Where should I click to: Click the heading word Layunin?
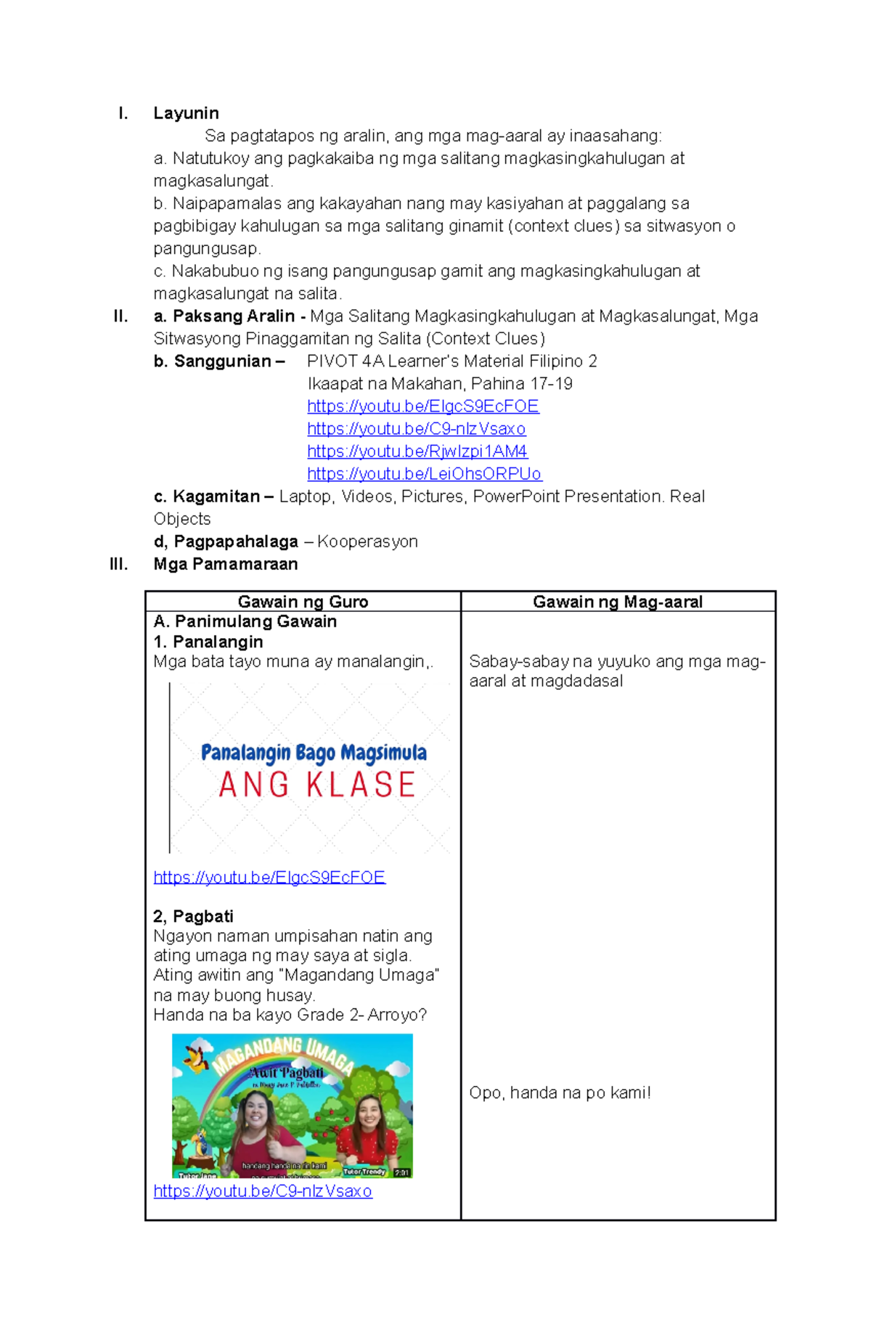186,113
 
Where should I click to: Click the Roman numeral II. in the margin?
120,316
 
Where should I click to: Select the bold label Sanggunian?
222,361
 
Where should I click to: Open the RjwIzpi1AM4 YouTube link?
417,452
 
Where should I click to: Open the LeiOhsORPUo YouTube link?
424,474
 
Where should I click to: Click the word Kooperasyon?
367,542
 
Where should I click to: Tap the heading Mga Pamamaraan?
225,564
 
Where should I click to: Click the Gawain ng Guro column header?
303,602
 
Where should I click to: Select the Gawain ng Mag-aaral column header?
617,602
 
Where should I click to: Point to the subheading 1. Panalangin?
208,642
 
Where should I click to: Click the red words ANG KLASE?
317,785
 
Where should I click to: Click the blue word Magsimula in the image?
384,753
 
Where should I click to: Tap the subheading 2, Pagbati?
193,916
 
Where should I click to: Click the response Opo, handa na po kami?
560,1092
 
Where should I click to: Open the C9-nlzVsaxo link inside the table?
263,1191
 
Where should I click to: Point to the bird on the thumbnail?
196,1058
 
